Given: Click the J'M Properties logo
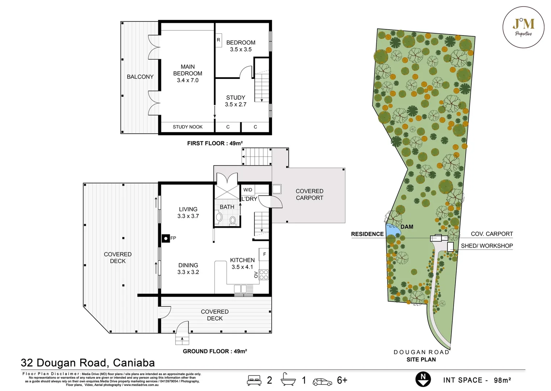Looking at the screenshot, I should [x=523, y=27].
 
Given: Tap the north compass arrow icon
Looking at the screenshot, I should [x=423, y=379].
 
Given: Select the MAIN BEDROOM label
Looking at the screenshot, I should [x=187, y=73].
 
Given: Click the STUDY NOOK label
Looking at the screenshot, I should [x=187, y=127].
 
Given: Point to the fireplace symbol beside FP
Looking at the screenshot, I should [x=166, y=238].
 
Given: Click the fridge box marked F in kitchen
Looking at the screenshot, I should [x=264, y=254].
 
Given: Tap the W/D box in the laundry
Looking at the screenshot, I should [x=248, y=190].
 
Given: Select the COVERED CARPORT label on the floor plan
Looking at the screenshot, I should [x=309, y=194].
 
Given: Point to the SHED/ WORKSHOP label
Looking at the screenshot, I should [x=487, y=246].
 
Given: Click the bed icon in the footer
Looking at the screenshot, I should [x=254, y=380].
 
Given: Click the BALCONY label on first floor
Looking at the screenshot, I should [x=140, y=77].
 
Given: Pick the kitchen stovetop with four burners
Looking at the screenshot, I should [x=264, y=275].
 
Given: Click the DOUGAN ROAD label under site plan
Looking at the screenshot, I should [x=421, y=352].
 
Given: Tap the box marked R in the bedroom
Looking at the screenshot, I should [x=219, y=40].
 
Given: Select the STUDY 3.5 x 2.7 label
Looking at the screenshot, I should [x=236, y=101].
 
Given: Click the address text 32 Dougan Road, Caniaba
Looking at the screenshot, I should [x=88, y=363].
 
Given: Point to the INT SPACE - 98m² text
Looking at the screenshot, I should [x=477, y=380].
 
